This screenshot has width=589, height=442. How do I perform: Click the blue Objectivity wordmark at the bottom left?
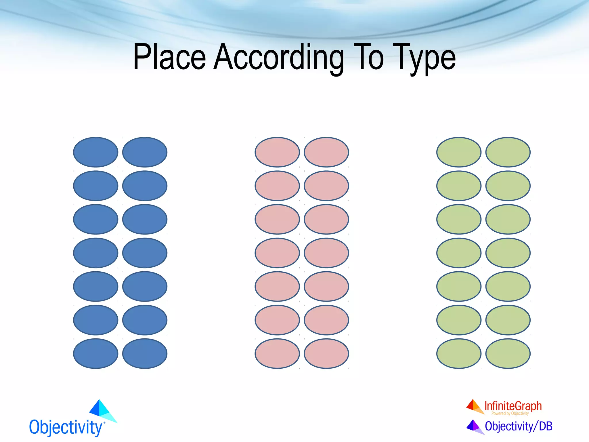click(66, 427)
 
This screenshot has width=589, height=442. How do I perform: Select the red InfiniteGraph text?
click(513, 406)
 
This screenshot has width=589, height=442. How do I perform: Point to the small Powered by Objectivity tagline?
click(510, 414)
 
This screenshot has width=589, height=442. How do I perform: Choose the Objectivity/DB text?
click(519, 426)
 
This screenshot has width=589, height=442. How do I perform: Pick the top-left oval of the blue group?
click(96, 152)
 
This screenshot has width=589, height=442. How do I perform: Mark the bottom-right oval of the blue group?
click(145, 353)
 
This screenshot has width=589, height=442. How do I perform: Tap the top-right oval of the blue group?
click(145, 152)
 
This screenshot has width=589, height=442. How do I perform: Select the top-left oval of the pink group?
click(277, 152)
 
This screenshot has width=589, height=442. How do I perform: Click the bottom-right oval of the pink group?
click(326, 353)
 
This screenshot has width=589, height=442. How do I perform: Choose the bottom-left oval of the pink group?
click(277, 353)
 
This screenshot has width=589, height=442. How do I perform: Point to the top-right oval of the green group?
click(508, 152)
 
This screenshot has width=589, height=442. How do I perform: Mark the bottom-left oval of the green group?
click(459, 353)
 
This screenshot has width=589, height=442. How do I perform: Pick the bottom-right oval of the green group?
click(508, 353)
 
